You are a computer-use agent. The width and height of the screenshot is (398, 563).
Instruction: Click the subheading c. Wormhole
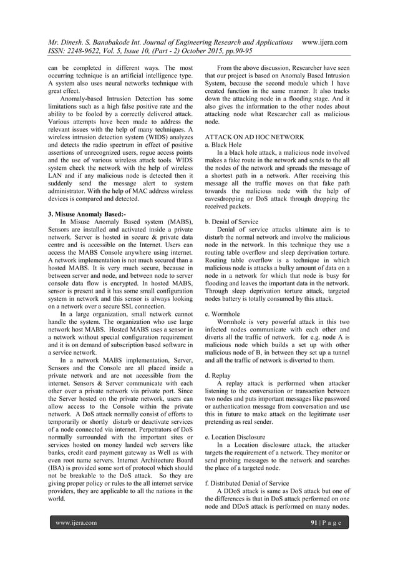[224, 315]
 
